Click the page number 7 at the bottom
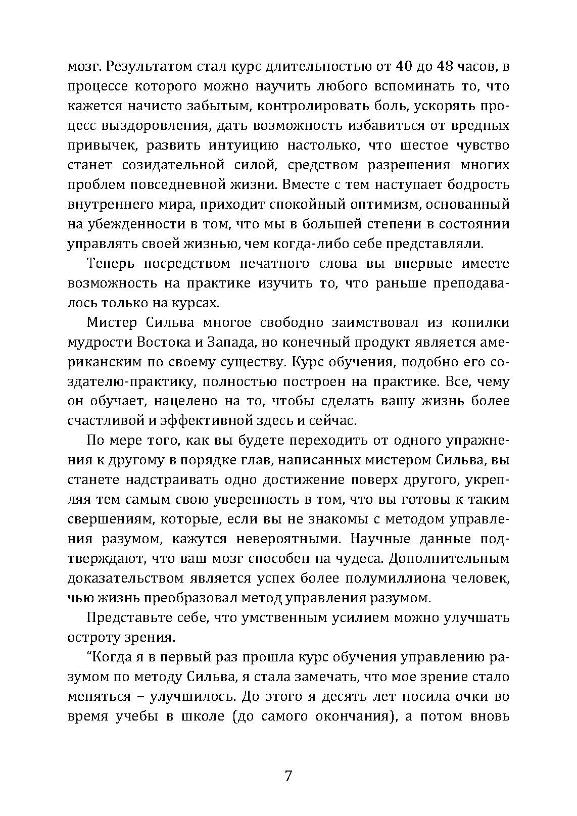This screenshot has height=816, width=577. pyautogui.click(x=288, y=776)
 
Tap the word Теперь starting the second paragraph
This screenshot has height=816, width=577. pyautogui.click(x=111, y=264)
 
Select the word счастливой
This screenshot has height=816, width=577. pyautogui.click(x=107, y=421)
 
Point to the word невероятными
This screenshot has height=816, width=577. pyautogui.click(x=270, y=539)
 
